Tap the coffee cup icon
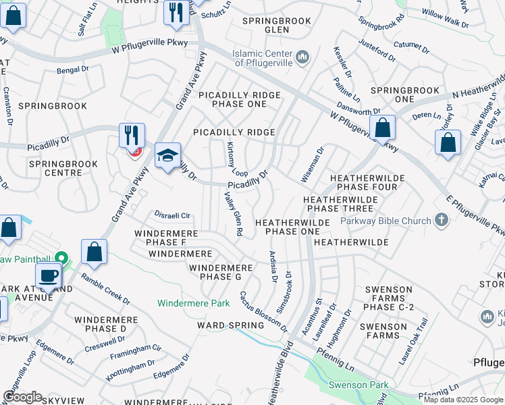tap(48, 275)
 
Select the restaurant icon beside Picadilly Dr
tap(132, 135)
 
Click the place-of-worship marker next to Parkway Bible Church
tap(442, 220)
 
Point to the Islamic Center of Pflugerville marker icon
tap(303, 56)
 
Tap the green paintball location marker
tap(61, 259)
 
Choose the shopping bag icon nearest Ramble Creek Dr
tap(94, 251)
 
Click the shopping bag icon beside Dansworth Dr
tap(382, 127)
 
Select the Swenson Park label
tap(358, 385)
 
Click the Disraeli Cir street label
tap(173, 216)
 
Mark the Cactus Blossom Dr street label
tap(263, 312)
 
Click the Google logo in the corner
tap(22, 397)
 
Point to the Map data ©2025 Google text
tap(464, 400)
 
